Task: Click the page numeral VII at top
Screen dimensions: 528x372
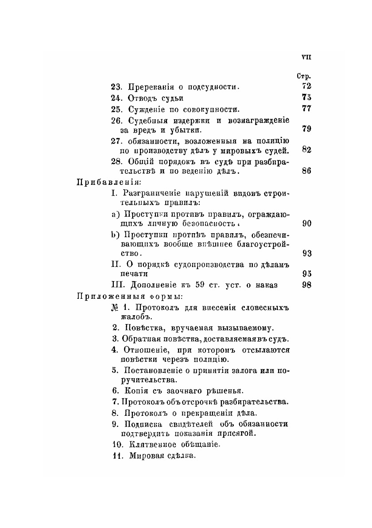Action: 306,57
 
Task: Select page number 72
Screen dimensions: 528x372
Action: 306,86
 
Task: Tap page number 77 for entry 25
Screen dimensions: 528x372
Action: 306,109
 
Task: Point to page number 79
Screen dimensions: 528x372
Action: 306,129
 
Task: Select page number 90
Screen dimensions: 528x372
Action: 306,223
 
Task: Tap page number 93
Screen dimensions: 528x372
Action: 306,253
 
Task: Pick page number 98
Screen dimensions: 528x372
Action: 306,285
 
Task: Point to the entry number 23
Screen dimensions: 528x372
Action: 116,86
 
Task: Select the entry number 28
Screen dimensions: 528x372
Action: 116,161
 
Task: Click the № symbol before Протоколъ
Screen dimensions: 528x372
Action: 115,307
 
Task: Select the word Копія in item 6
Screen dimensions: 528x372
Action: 135,391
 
